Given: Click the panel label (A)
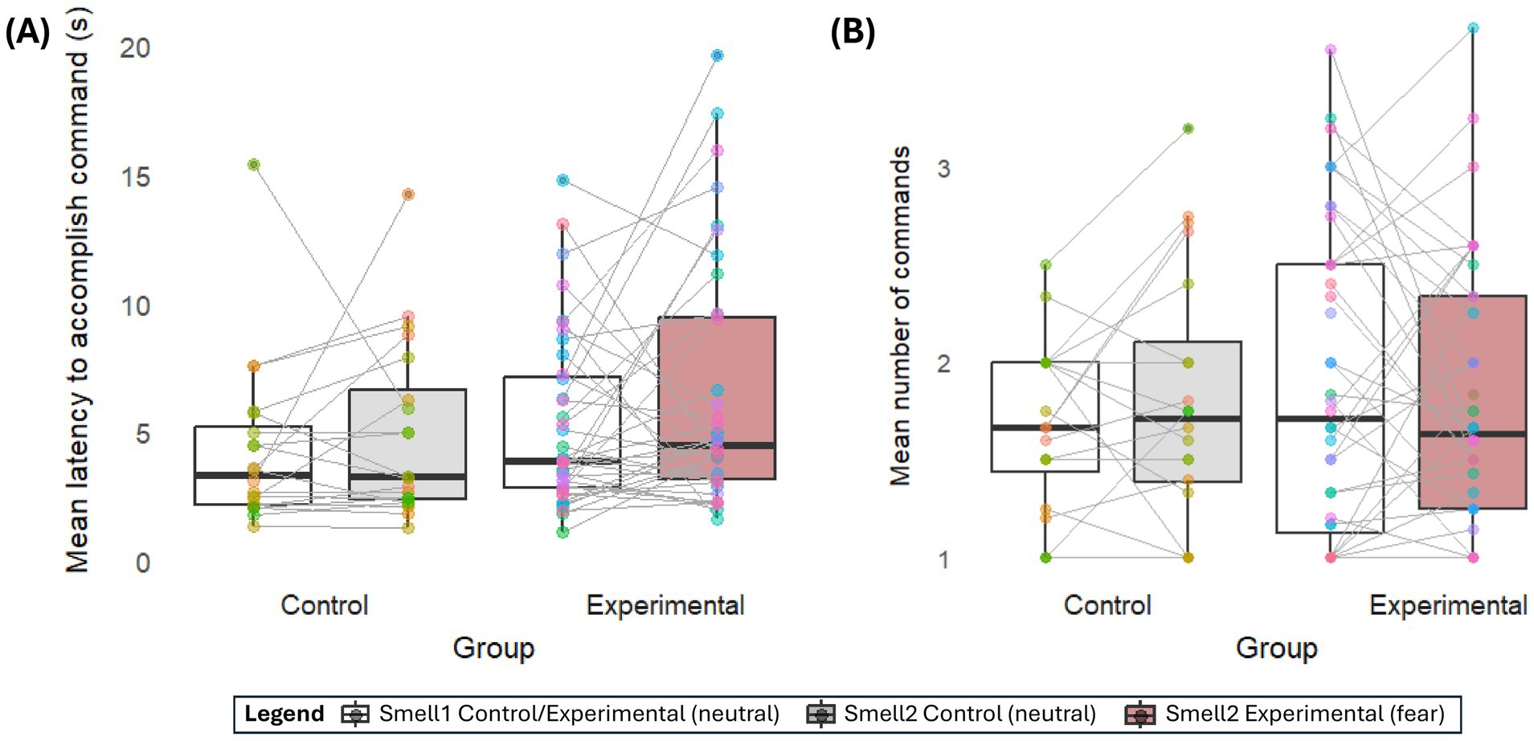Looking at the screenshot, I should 27,33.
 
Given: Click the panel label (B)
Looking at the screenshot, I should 852,33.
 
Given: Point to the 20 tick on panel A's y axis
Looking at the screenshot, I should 135,48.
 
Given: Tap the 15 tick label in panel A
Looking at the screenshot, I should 135,178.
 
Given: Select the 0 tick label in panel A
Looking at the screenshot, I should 142,563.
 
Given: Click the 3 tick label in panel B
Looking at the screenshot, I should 943,169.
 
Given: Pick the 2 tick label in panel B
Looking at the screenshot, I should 943,363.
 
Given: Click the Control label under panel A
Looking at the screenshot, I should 324,605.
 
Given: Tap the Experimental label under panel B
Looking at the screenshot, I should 1448,605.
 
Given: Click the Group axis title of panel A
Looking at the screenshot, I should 493,648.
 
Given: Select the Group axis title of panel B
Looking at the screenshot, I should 1276,648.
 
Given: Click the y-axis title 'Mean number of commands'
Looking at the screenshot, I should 900,316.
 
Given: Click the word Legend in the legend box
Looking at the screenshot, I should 284,714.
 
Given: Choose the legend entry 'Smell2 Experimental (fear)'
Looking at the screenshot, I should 1304,714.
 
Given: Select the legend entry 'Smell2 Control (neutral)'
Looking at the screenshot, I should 969,714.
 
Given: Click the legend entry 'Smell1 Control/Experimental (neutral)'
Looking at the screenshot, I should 579,714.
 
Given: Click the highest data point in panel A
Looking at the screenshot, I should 717,55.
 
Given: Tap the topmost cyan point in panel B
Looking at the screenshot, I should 1473,28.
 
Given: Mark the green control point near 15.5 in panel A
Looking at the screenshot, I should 254,165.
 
